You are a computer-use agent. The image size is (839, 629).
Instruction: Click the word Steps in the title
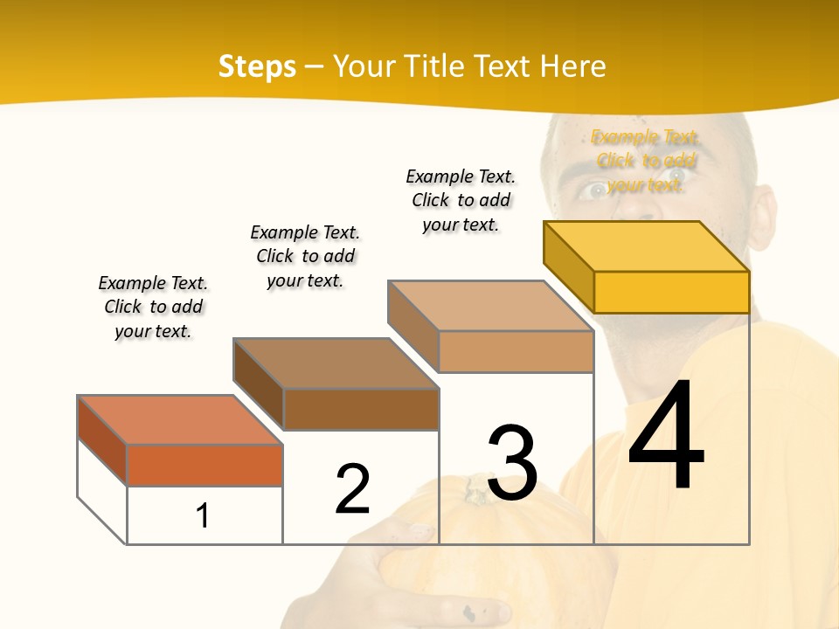pyautogui.click(x=257, y=66)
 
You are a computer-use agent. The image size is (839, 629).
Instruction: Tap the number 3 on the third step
pyautogui.click(x=512, y=462)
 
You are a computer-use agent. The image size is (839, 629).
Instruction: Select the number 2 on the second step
pyautogui.click(x=352, y=489)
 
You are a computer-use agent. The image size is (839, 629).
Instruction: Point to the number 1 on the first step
pyautogui.click(x=202, y=515)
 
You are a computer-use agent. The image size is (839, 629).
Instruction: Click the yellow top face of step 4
pyautogui.click(x=647, y=245)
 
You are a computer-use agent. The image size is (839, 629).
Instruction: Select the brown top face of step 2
pyautogui.click(x=336, y=363)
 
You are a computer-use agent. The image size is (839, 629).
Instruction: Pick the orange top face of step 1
pyautogui.click(x=180, y=420)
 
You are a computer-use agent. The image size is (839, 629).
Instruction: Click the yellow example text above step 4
pyautogui.click(x=646, y=161)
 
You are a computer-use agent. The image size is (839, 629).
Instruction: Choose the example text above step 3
pyautogui.click(x=461, y=200)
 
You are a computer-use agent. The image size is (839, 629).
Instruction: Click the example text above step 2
pyautogui.click(x=305, y=256)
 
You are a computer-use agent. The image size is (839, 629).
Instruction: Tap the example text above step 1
pyautogui.click(x=153, y=307)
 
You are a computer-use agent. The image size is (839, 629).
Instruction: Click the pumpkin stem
pyautogui.click(x=476, y=488)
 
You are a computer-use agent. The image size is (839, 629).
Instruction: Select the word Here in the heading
pyautogui.click(x=572, y=66)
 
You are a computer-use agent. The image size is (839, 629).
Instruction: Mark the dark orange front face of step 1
pyautogui.click(x=205, y=465)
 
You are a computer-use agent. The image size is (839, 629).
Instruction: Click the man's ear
pyautogui.click(x=763, y=223)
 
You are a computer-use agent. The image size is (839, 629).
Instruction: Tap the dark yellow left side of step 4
pyautogui.click(x=569, y=266)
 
